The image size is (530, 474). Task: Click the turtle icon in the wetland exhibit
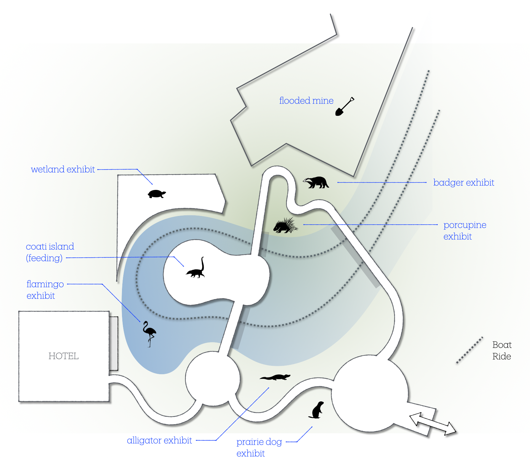[157, 194]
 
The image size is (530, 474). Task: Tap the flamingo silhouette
[149, 333]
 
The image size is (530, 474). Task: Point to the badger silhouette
[316, 183]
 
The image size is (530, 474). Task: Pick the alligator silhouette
[275, 378]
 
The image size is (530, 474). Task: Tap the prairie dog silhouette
[317, 410]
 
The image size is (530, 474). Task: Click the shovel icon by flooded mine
[345, 107]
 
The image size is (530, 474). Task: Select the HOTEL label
[63, 356]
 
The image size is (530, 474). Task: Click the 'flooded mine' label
[306, 101]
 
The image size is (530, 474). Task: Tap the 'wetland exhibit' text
[63, 170]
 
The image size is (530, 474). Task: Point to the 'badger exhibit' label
[463, 183]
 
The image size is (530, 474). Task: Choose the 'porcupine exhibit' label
[465, 231]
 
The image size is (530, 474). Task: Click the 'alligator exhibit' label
[159, 441]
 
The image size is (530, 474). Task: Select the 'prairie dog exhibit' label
[259, 448]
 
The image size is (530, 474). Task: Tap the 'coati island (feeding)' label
[50, 252]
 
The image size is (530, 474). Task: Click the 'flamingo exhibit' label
[45, 290]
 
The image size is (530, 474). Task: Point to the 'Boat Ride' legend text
[502, 350]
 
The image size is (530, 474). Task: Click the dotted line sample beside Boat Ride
[470, 350]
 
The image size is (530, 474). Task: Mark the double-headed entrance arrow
[433, 424]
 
